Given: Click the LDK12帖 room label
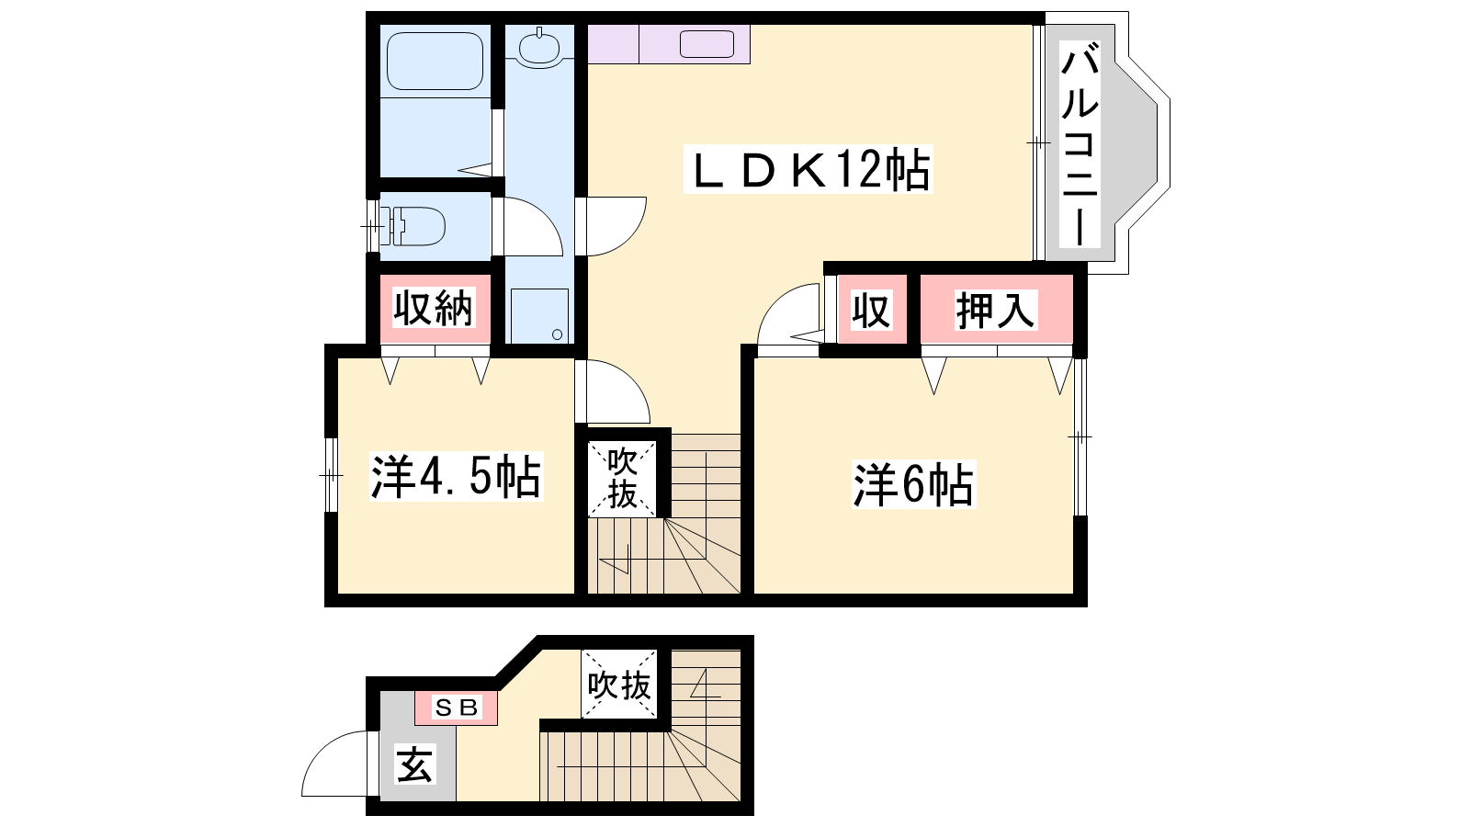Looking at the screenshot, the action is click(808, 169).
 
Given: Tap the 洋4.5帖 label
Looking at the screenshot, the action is click(456, 477).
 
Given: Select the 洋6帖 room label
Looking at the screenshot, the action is click(913, 484).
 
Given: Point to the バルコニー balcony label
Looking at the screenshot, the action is click(1080, 144).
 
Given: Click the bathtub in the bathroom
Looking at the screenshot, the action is click(435, 61).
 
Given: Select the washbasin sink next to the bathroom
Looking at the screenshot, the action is click(538, 46).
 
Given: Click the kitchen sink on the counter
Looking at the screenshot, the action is click(707, 44).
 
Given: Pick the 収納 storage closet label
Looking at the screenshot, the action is click(433, 308).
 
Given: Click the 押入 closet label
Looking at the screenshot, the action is click(996, 310).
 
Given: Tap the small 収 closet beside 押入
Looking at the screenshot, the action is click(871, 310).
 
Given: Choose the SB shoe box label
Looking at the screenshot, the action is click(457, 708).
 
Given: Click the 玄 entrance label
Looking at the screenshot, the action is click(415, 765).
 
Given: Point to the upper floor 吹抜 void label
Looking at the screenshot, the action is click(622, 479).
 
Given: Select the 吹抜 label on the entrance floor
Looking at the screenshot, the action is click(619, 685).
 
